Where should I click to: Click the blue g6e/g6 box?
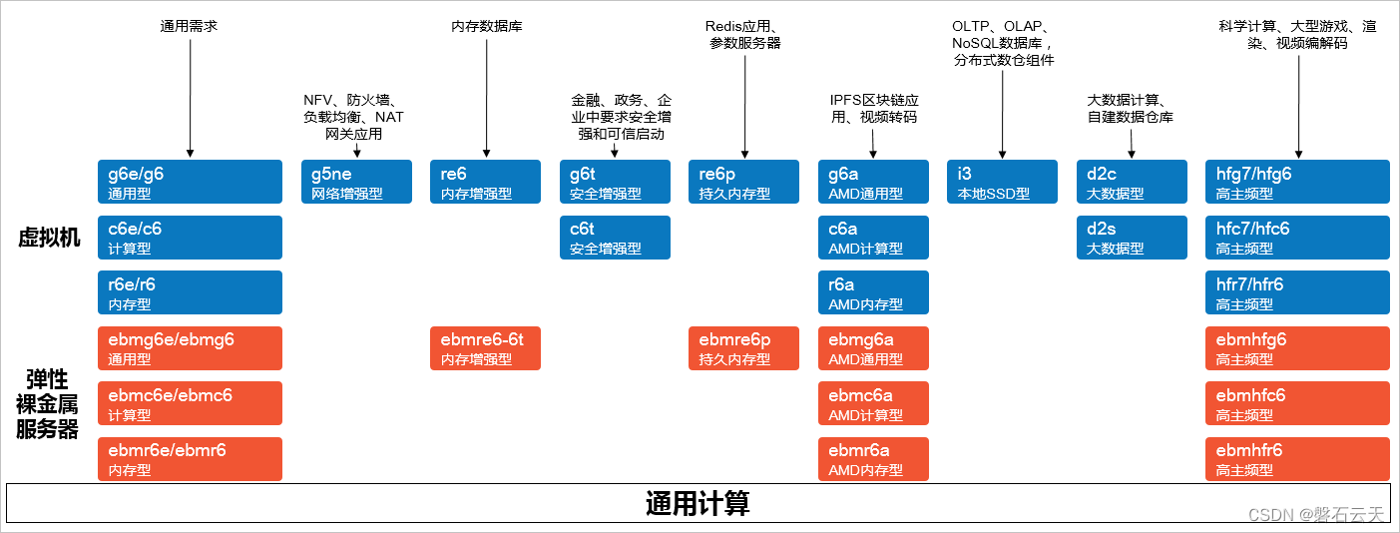coord(190,182)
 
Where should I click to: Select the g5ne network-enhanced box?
coord(356,182)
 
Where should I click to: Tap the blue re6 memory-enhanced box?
coord(485,182)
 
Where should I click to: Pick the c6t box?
coord(615,238)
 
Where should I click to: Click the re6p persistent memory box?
coord(743,182)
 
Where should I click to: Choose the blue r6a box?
coord(873,292)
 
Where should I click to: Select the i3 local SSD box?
coord(1002,182)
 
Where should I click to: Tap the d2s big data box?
coord(1132,238)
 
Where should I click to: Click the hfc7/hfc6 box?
coord(1297,238)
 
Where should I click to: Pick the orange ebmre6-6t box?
coord(485,348)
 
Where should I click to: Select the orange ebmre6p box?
coord(743,348)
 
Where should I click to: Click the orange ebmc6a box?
coord(873,403)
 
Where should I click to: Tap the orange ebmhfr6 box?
coord(1297,459)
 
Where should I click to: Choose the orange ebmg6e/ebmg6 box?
coord(190,348)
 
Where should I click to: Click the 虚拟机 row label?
coord(49,238)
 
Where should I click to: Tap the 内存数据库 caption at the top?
coord(486,27)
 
